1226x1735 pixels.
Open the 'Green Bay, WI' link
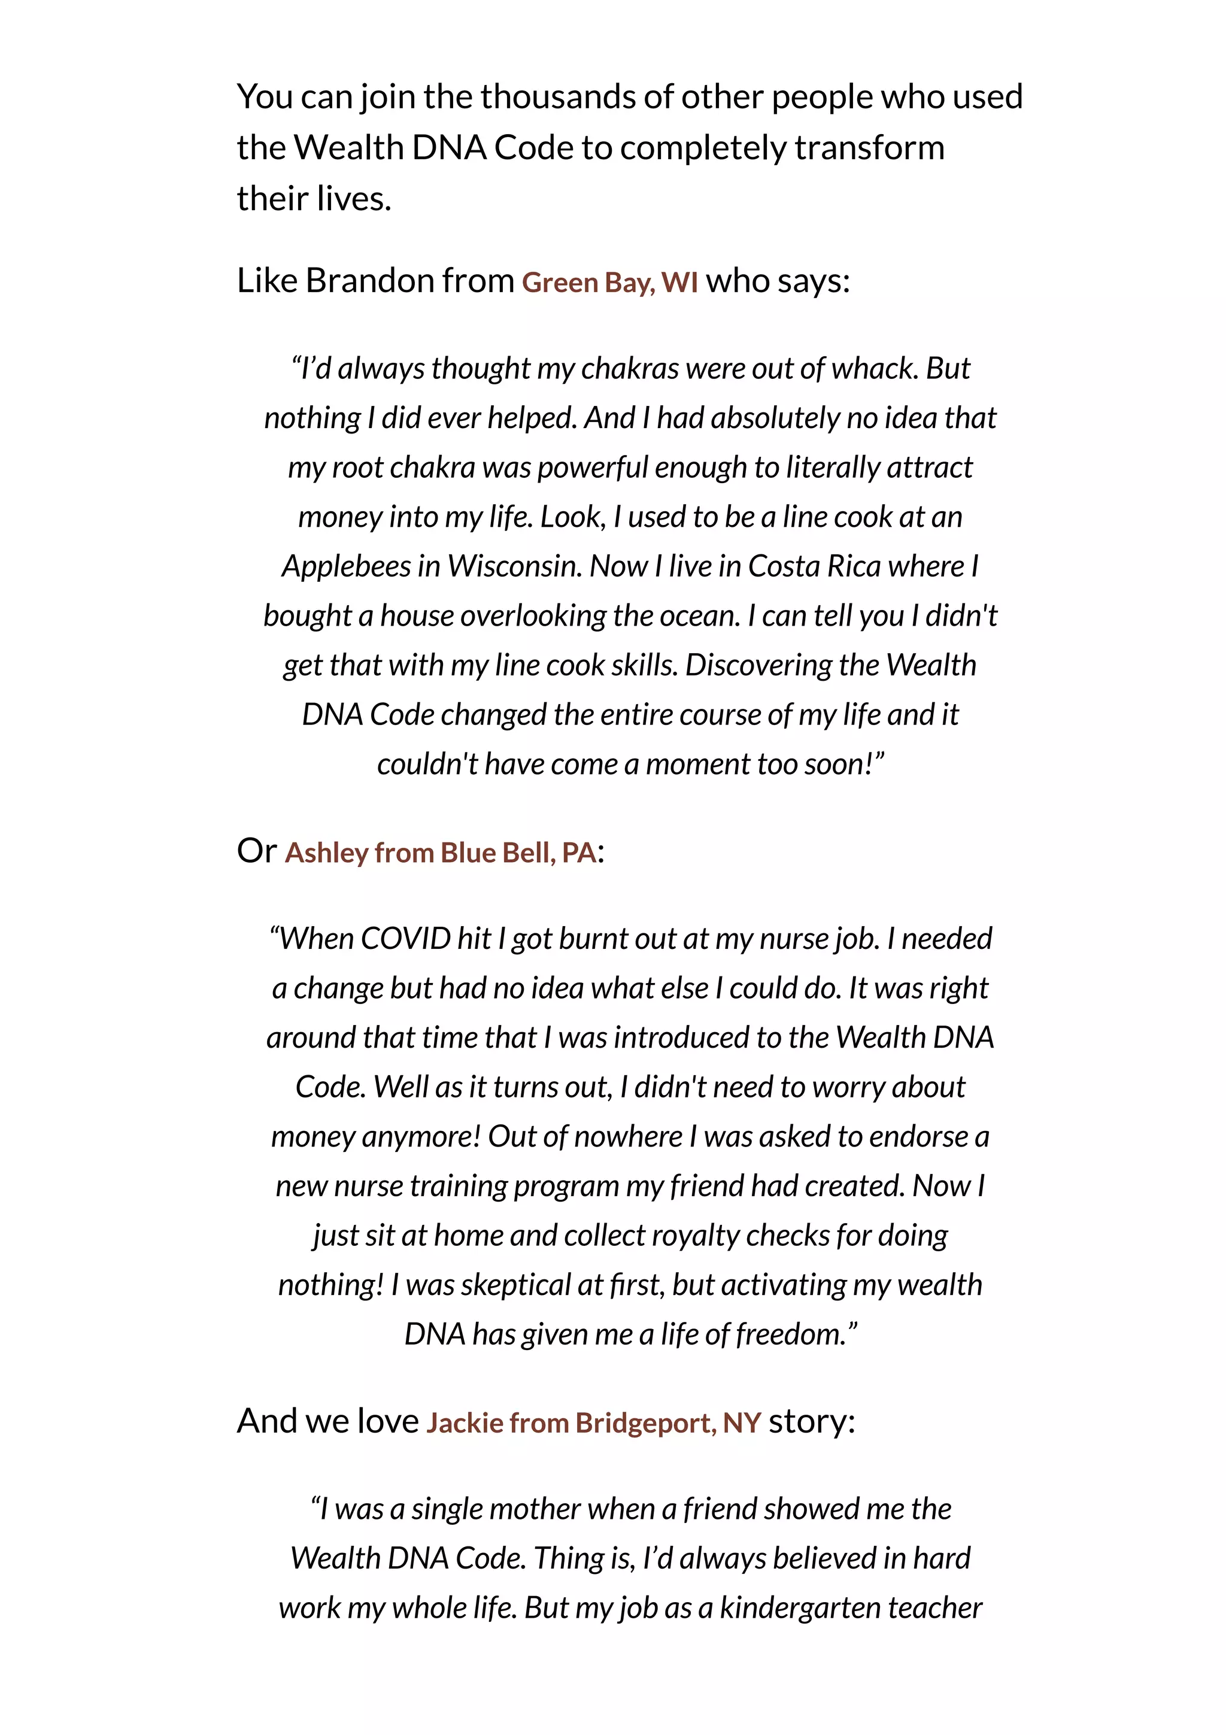pos(609,282)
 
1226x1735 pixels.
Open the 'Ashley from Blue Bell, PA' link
pos(441,853)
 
